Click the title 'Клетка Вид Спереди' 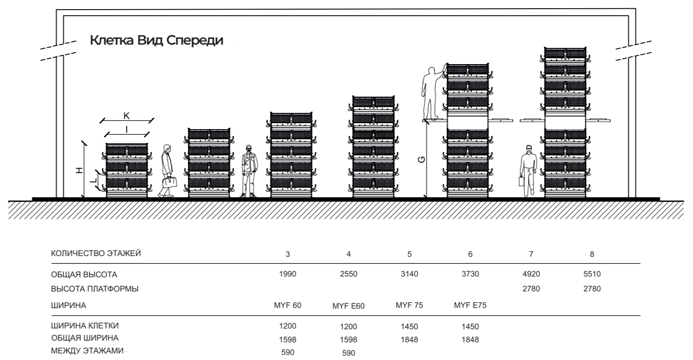click(156, 40)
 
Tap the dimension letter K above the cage click(126, 116)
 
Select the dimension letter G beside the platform click(421, 159)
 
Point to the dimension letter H click(80, 170)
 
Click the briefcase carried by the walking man click(169, 182)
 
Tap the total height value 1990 click(287, 274)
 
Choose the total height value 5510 click(592, 274)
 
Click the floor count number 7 click(531, 254)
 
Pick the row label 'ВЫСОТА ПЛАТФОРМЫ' click(95, 289)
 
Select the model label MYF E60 click(349, 306)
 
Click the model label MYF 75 click(409, 305)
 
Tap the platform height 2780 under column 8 click(592, 289)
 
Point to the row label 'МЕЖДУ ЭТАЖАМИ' click(87, 351)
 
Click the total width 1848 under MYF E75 click(470, 339)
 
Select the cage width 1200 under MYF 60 click(287, 326)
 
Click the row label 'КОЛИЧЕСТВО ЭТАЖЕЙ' click(96, 253)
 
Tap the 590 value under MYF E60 click(349, 353)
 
